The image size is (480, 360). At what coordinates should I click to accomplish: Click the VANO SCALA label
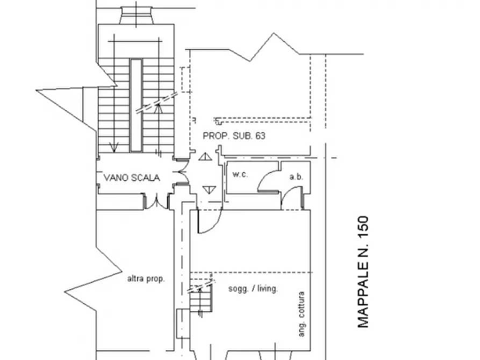[132, 178]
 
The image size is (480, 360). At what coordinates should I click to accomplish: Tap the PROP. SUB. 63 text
[234, 136]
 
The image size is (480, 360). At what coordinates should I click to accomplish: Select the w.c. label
[240, 175]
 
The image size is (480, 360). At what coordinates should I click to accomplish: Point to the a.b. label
[296, 177]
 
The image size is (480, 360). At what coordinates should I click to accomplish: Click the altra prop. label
[146, 279]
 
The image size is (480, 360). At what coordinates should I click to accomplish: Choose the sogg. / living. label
[253, 289]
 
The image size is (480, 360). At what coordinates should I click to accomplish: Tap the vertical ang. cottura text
[302, 314]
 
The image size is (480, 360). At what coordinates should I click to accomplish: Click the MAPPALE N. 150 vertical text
[363, 272]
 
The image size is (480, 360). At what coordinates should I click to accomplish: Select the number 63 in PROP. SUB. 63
[260, 136]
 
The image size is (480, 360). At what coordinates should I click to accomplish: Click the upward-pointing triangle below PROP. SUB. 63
[205, 157]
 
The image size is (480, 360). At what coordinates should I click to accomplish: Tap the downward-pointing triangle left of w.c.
[210, 190]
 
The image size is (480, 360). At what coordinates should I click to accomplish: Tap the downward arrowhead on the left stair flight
[113, 148]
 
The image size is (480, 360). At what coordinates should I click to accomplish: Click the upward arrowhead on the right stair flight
[158, 108]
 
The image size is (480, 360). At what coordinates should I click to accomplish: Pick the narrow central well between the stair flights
[136, 105]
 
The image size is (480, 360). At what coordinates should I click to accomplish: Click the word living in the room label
[268, 289]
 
